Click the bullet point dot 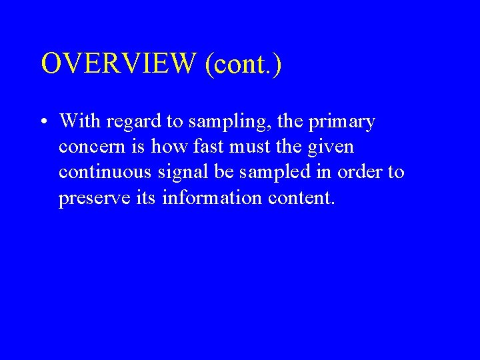point(42,123)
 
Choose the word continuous point(105,172)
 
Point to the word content point(297,198)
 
